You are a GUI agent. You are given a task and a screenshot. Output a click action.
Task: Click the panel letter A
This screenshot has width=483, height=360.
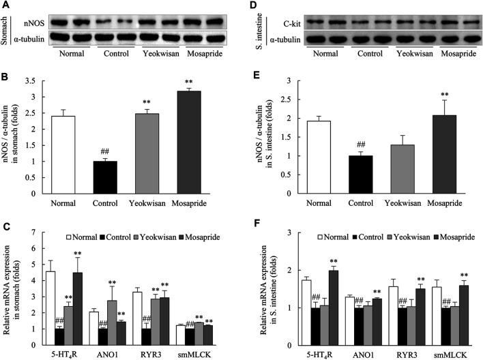(x=5, y=6)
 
